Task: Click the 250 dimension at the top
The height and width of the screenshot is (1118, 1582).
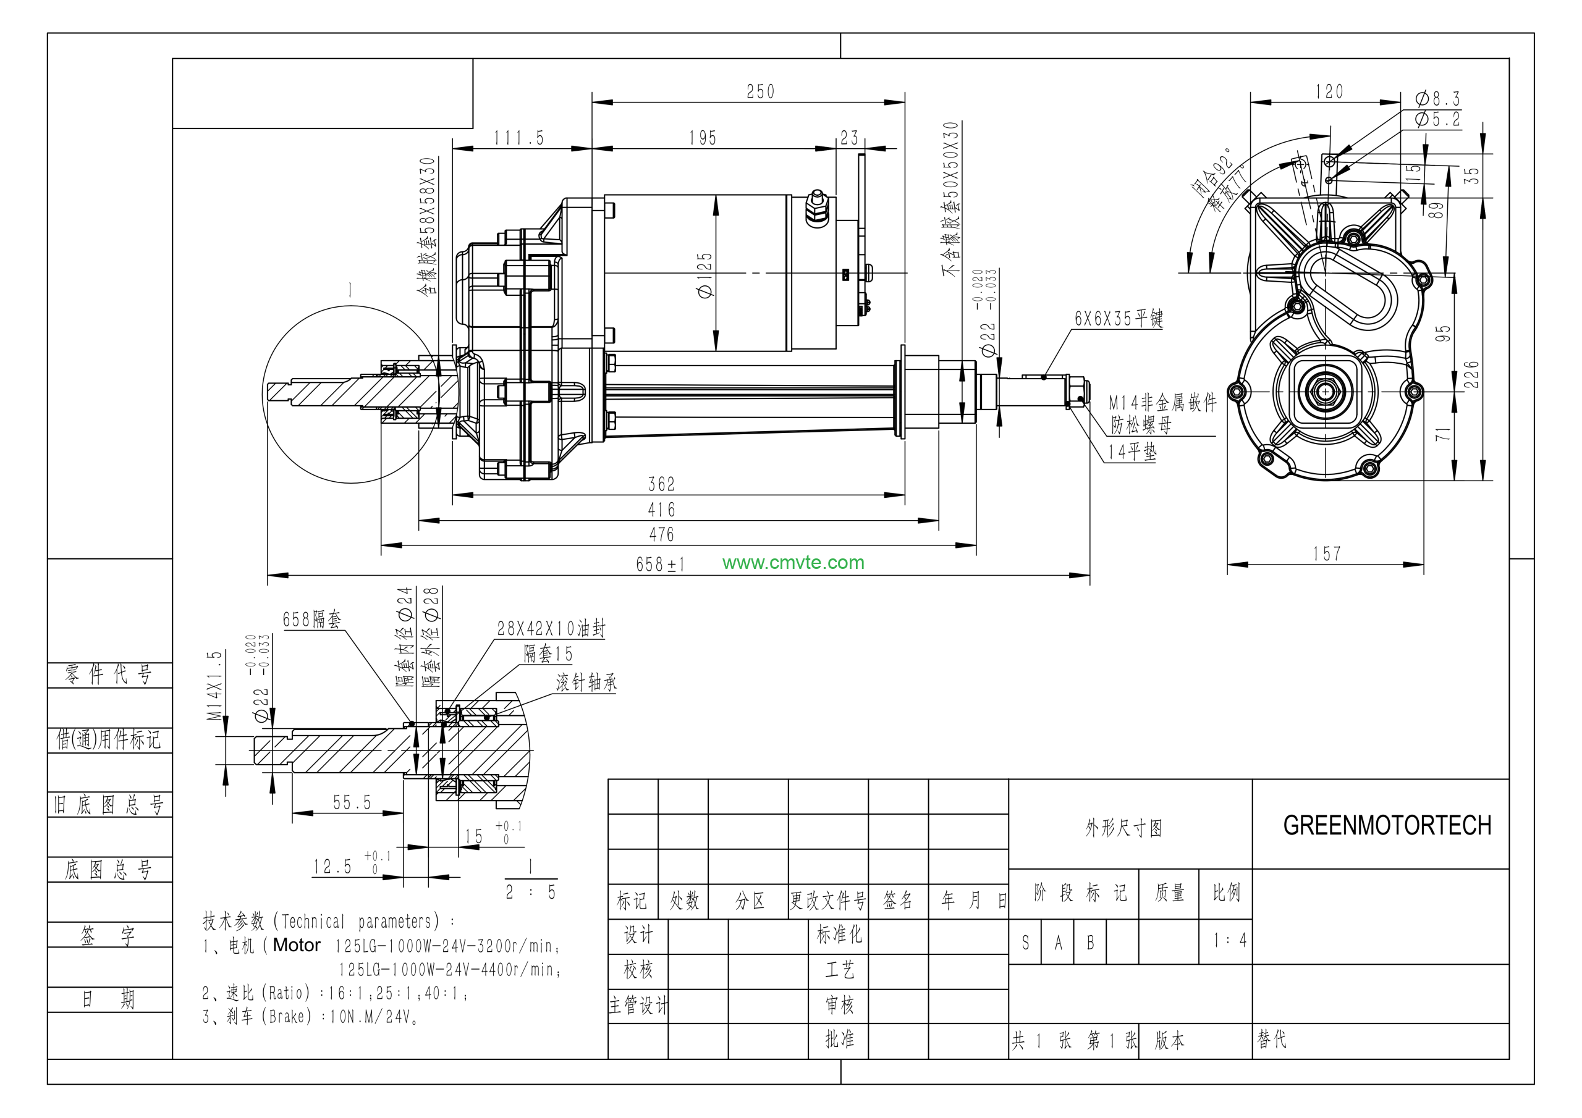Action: coord(760,91)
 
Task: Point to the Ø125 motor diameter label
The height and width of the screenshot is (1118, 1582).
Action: coord(706,275)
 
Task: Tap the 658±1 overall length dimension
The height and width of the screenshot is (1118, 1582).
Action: coord(660,564)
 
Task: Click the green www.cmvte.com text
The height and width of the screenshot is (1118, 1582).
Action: coord(793,562)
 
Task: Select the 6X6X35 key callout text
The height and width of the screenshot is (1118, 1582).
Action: coord(1118,318)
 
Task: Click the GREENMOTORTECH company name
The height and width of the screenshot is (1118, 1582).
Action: coord(1386,825)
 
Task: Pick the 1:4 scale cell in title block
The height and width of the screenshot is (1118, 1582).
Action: coord(1229,939)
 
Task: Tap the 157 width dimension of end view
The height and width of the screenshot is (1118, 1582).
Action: coord(1326,554)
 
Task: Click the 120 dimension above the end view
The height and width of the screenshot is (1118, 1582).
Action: coord(1329,91)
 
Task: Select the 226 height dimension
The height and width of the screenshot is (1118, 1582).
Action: coord(1470,374)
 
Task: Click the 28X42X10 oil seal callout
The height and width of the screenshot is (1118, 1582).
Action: coord(551,628)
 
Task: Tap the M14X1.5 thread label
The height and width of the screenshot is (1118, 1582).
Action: coord(216,686)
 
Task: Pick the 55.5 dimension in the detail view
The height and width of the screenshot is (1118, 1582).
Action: coord(352,802)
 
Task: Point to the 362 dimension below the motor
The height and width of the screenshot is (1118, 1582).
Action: coord(661,484)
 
